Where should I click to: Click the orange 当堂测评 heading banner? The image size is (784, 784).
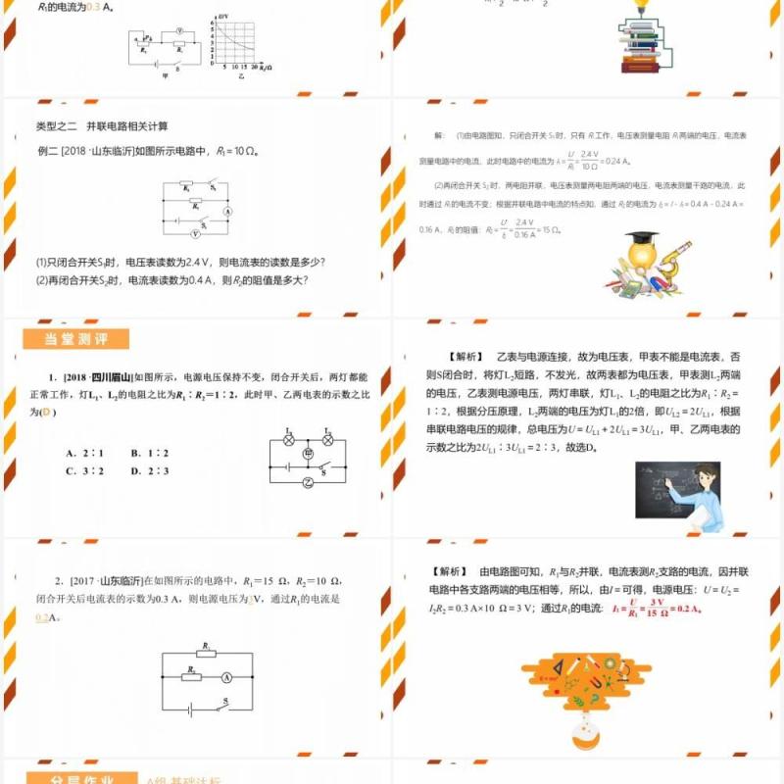coord(75,340)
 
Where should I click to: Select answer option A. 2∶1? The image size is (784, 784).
coord(85,454)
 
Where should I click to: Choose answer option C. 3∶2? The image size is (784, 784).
coord(85,470)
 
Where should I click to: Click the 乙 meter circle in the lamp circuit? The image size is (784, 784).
coord(307,483)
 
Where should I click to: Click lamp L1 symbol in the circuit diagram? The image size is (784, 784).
coord(289,440)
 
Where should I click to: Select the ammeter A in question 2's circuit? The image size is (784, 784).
coord(225,676)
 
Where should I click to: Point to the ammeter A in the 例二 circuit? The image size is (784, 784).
coord(226,212)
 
